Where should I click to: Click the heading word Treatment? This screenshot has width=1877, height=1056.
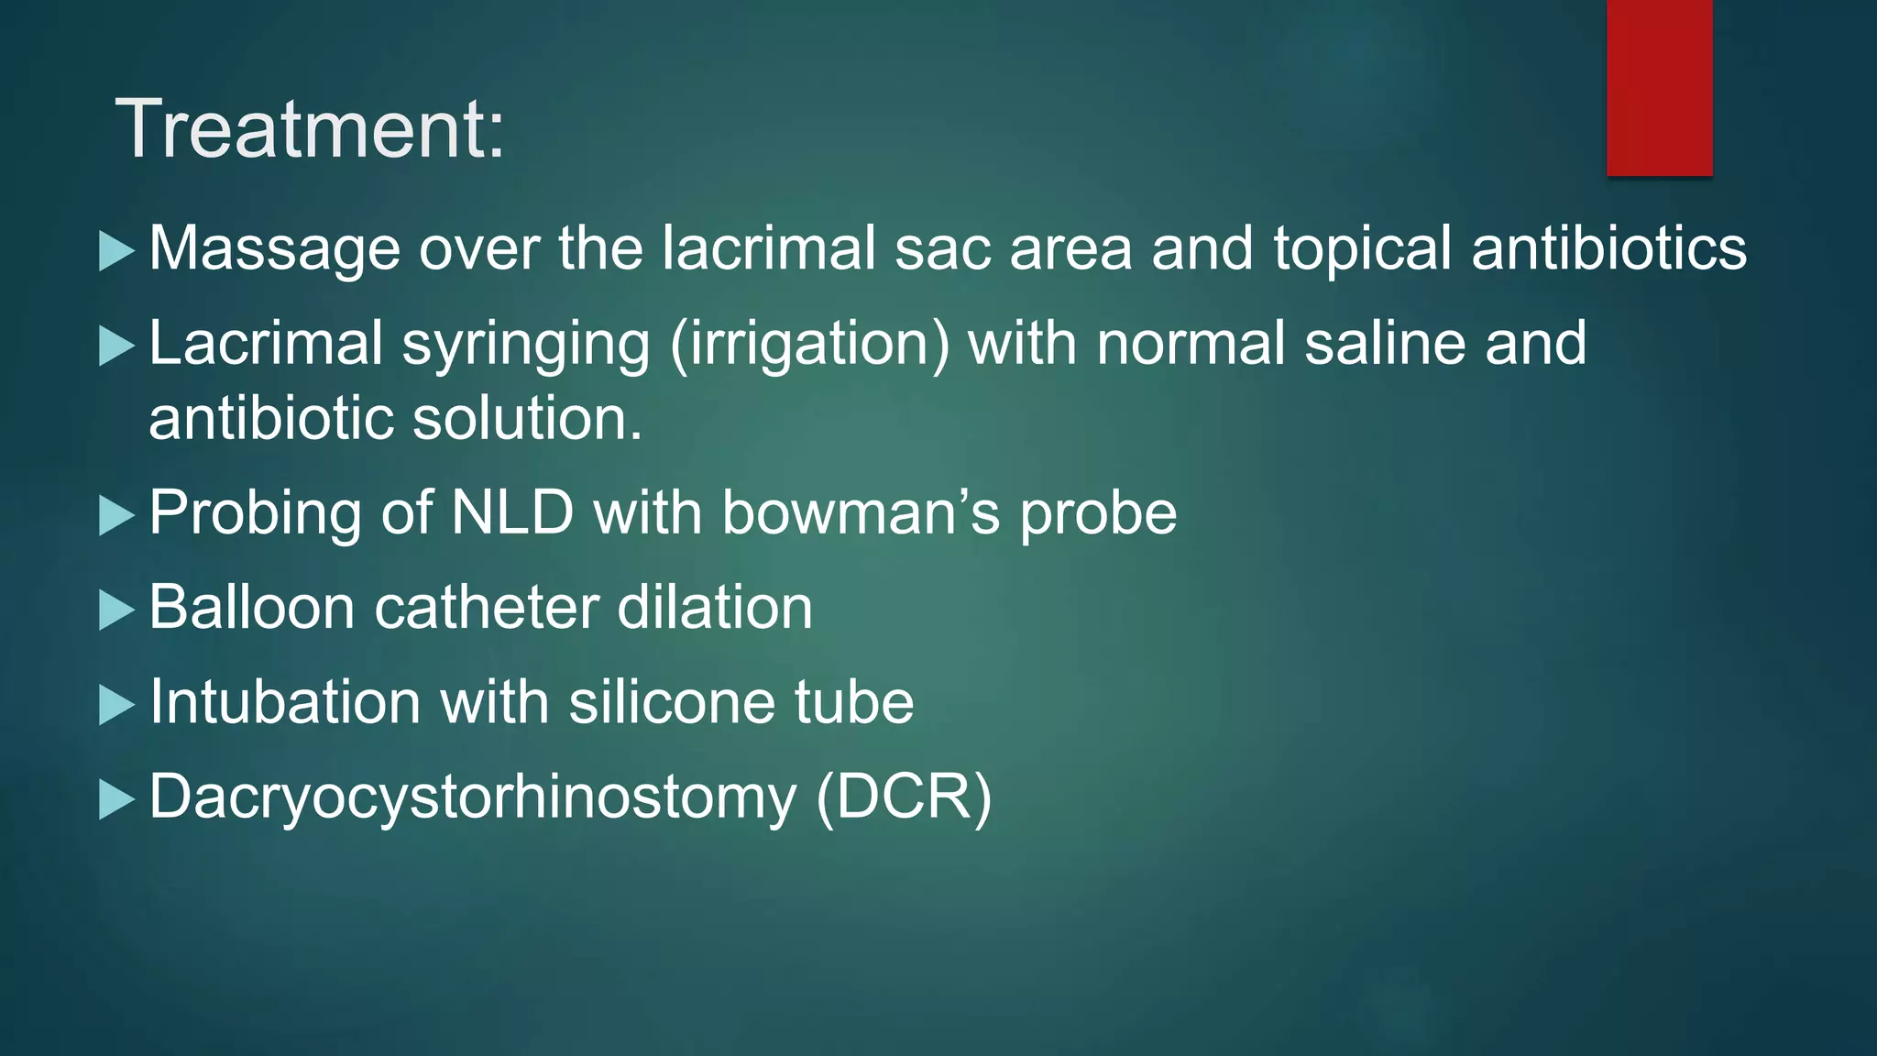(x=309, y=129)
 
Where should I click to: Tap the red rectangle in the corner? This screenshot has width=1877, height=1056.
(x=1659, y=87)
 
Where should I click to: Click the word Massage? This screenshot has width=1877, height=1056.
(x=274, y=249)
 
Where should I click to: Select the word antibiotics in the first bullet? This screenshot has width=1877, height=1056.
(x=1608, y=248)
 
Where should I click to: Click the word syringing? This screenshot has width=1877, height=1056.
(x=526, y=345)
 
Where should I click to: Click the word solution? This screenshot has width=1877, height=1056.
(x=527, y=419)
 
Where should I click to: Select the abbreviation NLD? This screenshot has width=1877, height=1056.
(x=512, y=512)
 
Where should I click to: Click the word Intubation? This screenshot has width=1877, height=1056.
(x=285, y=702)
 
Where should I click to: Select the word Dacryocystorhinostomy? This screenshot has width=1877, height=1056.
(x=473, y=797)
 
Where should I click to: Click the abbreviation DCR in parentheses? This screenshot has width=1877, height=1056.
(x=903, y=797)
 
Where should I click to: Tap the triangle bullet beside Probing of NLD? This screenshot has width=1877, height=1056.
(x=116, y=516)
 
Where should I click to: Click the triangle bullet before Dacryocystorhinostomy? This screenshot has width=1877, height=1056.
(x=116, y=800)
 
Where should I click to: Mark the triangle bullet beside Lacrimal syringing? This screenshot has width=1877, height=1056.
(x=116, y=346)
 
